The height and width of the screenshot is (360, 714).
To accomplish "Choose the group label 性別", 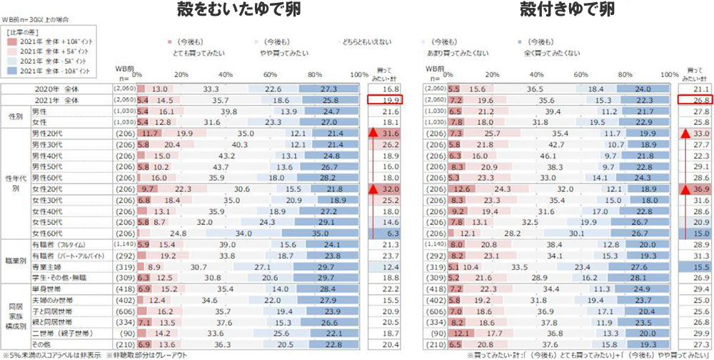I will [x=15, y=116].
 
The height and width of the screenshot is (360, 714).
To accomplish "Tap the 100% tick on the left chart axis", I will [x=359, y=74].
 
